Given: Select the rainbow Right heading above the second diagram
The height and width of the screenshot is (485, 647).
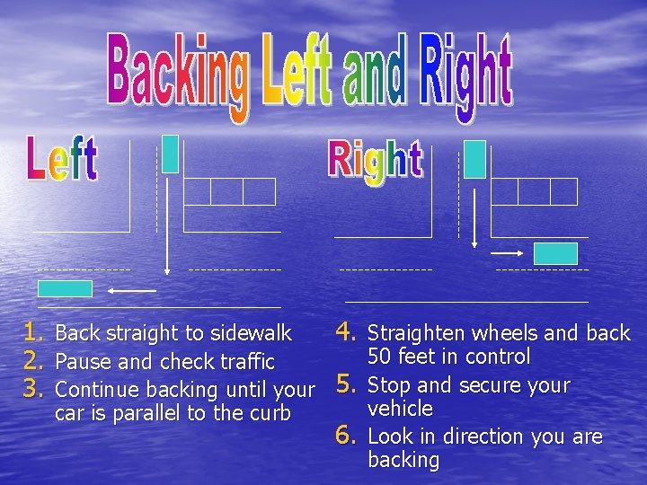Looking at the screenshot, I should click(376, 162).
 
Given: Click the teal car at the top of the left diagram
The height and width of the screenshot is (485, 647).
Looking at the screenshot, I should click(170, 154).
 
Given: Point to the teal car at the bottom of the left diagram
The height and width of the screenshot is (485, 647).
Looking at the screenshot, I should click(65, 288).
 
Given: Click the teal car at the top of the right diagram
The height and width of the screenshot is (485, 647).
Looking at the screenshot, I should click(475, 159).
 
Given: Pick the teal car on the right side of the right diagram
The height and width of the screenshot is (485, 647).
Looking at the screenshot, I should click(555, 253).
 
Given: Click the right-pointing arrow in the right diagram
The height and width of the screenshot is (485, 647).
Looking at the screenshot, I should click(510, 252).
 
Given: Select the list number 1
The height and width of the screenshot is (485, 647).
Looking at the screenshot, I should click(34, 332).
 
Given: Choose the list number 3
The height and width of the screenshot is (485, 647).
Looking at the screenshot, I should click(34, 389).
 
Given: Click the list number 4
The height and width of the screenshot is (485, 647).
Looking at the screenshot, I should click(348, 332).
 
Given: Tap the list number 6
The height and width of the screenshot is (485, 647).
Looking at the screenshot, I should click(348, 436).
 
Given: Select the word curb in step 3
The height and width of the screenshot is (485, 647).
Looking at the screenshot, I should click(271, 413).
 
